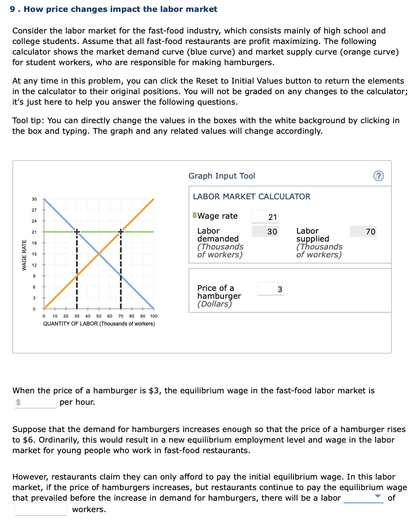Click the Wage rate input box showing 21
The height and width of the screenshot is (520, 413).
[x=265, y=216]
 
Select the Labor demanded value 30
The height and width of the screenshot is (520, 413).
[x=265, y=231]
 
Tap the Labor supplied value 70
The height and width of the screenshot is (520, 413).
[x=363, y=231]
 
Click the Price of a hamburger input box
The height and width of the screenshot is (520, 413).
[x=271, y=289]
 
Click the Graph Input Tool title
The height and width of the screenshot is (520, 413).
[x=221, y=176]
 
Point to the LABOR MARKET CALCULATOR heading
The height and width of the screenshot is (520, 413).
[x=251, y=197]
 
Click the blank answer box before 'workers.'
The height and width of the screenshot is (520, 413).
[x=40, y=509]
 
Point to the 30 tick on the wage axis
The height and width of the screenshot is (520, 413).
[x=34, y=199]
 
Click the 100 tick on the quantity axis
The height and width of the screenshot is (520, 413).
[x=153, y=316]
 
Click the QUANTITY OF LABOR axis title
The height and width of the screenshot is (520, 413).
[x=99, y=324]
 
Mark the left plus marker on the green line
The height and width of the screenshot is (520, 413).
[x=76, y=231]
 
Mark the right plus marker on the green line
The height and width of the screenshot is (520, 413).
[x=120, y=231]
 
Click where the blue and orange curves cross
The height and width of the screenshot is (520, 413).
[x=98, y=254]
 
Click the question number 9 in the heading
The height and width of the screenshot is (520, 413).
[x=13, y=9]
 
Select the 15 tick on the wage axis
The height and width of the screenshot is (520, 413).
[x=34, y=254]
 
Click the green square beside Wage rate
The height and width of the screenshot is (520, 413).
[x=195, y=216]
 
